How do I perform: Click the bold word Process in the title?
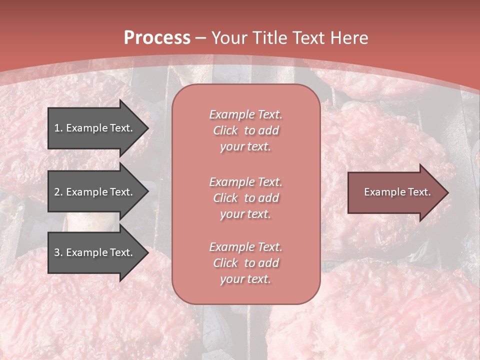(157, 38)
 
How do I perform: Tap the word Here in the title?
(348, 38)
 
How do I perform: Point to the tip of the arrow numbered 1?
(147, 128)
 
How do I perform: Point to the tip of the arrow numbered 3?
(147, 252)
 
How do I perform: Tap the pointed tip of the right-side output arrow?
(447, 192)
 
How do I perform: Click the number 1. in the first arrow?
(58, 128)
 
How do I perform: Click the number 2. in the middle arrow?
(58, 192)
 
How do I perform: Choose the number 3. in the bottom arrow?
(58, 252)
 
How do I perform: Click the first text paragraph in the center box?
(245, 130)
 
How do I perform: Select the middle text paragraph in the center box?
(245, 198)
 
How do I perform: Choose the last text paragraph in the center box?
(245, 263)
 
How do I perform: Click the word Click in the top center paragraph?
(225, 130)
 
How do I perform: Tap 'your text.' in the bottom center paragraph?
(245, 279)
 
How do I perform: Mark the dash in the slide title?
(201, 38)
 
